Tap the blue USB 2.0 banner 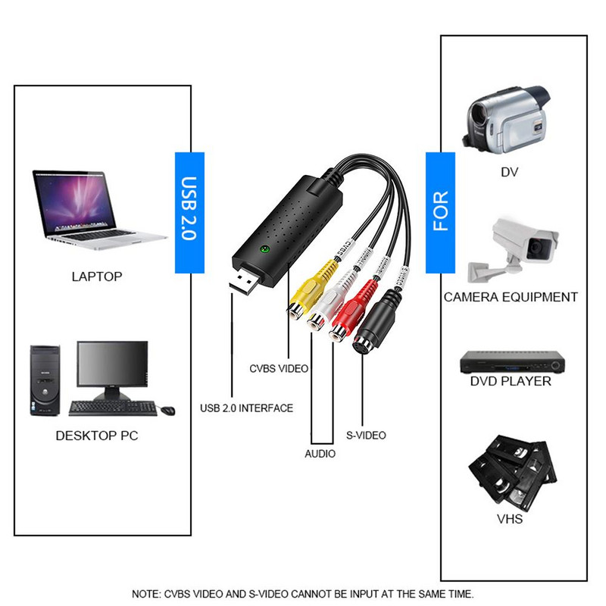(x=189, y=212)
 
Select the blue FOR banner (x=440, y=212)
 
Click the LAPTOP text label (x=97, y=276)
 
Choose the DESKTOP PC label (x=97, y=436)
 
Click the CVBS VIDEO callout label (x=279, y=369)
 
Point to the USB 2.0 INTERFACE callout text (x=246, y=408)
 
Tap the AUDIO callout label (x=320, y=454)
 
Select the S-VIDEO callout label (x=366, y=435)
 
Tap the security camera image (x=512, y=246)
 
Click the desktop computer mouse (x=167, y=411)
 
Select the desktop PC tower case (x=45, y=380)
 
